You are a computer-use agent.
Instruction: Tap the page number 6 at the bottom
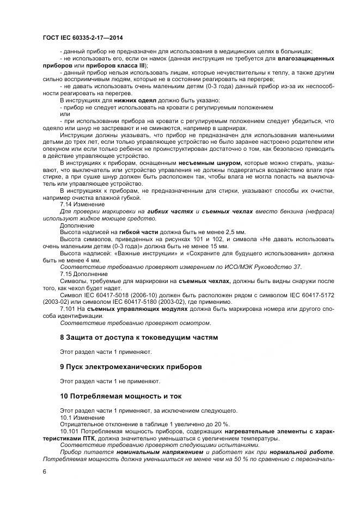pyautogui.click(x=45, y=471)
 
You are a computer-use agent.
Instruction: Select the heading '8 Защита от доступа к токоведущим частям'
pyautogui.click(x=138, y=338)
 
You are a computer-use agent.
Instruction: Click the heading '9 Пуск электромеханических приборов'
pyautogui.click(x=131, y=367)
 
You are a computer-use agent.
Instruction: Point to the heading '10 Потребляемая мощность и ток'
pyautogui.click(x=121, y=396)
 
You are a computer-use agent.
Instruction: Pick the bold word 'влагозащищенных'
pyautogui.click(x=306, y=58)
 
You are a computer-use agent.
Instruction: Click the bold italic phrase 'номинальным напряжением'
pyautogui.click(x=159, y=452)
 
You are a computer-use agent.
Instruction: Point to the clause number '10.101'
pyautogui.click(x=69, y=431)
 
